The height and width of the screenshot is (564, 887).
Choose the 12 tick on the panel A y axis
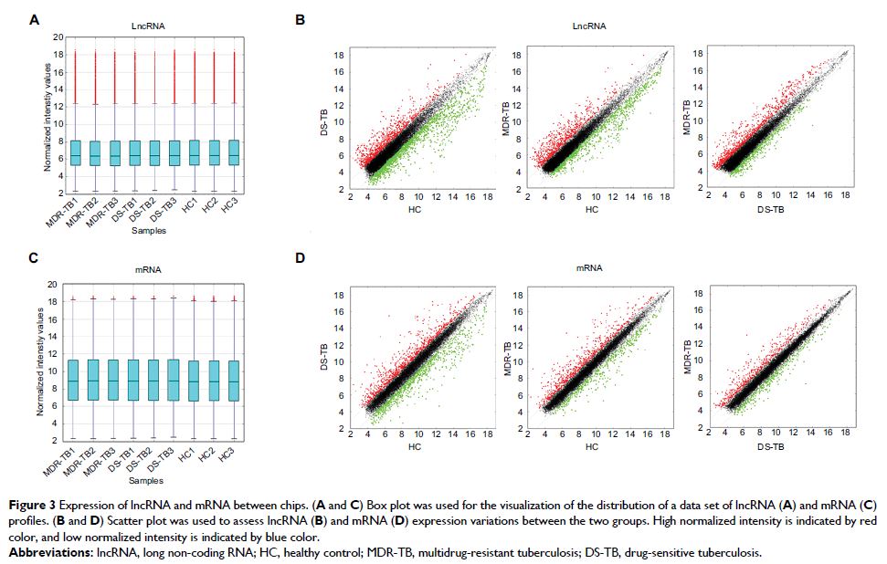tap(58, 107)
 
